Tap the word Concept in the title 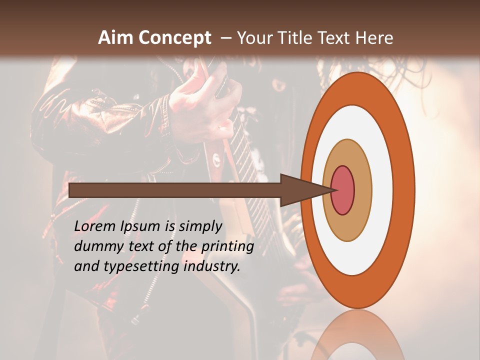click(174, 38)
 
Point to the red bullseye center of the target click(343, 190)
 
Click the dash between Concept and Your click(225, 38)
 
